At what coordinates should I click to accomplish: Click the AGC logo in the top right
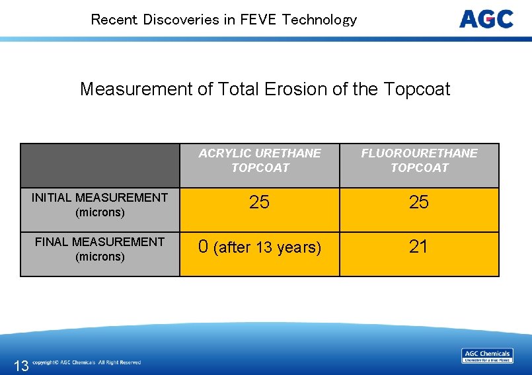point(486,19)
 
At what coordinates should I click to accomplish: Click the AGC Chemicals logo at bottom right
point(487,356)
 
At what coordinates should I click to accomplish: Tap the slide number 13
point(21,366)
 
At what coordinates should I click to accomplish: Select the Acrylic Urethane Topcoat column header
point(260,161)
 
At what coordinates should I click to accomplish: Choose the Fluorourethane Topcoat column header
point(419,161)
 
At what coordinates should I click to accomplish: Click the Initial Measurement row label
point(100,205)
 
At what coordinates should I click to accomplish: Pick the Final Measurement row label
point(100,249)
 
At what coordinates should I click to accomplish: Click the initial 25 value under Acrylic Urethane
point(259,202)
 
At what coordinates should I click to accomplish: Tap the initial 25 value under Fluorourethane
point(419,202)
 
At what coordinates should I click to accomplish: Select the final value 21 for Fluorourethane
point(419,247)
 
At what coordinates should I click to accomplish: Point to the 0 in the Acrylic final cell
point(204,247)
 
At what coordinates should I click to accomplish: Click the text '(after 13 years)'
point(267,247)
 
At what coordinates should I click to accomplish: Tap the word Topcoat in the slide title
point(417,89)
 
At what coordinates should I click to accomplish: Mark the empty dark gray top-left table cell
point(100,165)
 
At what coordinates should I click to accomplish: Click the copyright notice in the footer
point(87,362)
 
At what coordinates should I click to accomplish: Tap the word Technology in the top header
point(319,20)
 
